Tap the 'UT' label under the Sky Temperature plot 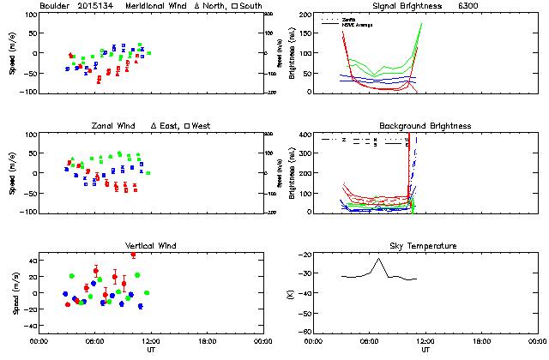(x=425, y=350)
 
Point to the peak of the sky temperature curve (x=378, y=258)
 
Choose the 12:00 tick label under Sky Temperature (x=425, y=341)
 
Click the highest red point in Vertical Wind (x=133, y=255)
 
